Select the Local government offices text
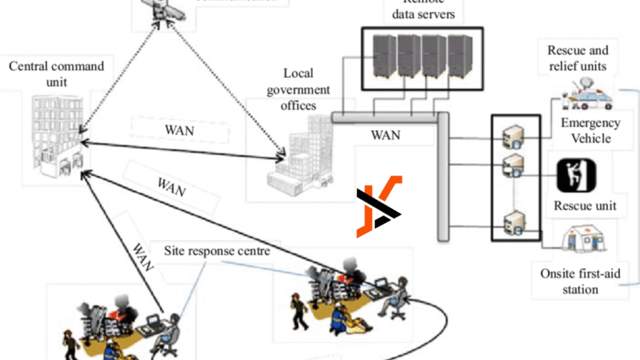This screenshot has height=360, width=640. click(298, 89)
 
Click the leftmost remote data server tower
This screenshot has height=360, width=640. click(384, 56)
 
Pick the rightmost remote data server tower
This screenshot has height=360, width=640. click(459, 56)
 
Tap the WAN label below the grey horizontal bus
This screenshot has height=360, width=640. click(386, 135)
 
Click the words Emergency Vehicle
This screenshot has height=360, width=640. click(591, 130)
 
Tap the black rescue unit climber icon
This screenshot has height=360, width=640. click(576, 176)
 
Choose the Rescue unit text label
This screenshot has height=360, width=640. click(585, 206)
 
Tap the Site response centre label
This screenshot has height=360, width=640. click(217, 251)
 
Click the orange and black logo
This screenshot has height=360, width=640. click(379, 207)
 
